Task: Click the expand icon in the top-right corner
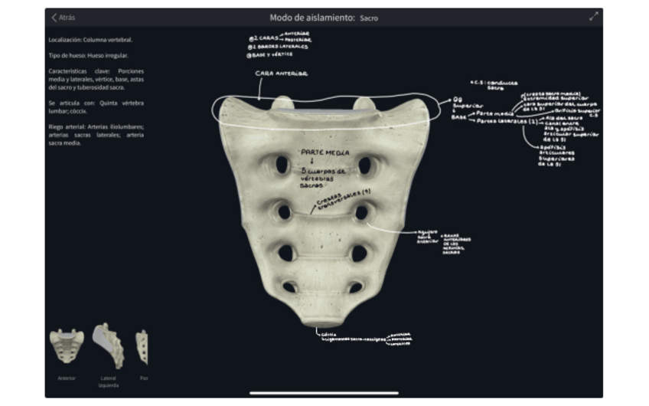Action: click(593, 17)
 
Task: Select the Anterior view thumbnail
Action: click(67, 347)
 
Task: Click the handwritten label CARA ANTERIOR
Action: click(281, 74)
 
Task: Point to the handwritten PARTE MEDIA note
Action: click(325, 152)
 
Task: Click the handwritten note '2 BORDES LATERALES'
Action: click(280, 46)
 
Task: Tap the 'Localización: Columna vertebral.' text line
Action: click(90, 40)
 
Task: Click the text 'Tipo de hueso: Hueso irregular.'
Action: click(88, 56)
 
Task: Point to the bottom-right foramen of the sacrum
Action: click(354, 287)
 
